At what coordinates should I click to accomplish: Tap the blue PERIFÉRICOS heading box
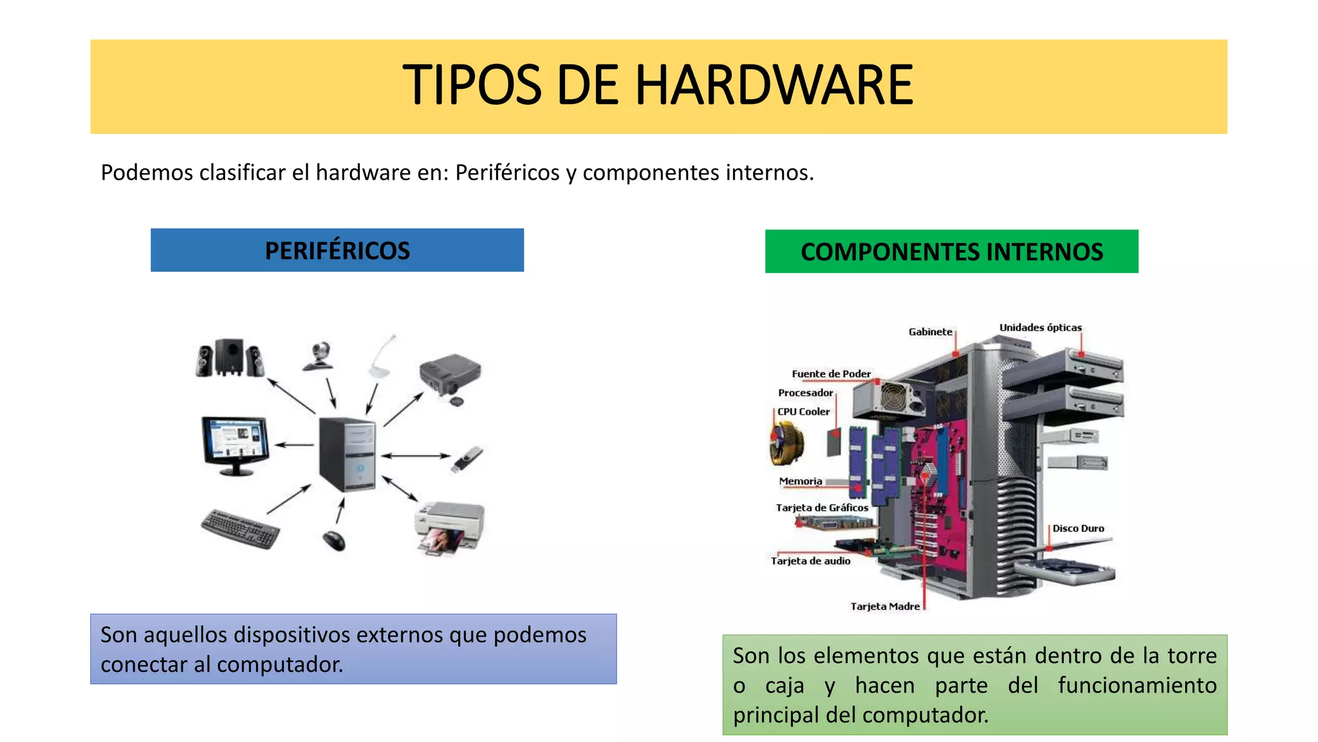click(337, 251)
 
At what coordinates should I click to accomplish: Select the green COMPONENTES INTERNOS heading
click(951, 252)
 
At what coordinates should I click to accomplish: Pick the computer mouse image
click(334, 540)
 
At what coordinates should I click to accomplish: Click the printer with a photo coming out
click(449, 528)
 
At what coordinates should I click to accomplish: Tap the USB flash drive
click(468, 459)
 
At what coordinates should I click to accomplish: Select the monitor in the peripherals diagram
click(236, 444)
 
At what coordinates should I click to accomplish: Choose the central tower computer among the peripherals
click(348, 454)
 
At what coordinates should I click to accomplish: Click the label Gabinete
click(930, 332)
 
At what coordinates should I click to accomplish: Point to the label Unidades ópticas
click(1040, 328)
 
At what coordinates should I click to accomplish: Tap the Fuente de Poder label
click(831, 374)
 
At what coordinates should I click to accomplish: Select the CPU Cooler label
click(803, 412)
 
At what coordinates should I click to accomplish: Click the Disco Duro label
click(1078, 529)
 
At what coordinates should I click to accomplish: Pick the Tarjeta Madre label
click(885, 607)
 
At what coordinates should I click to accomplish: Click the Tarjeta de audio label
click(810, 562)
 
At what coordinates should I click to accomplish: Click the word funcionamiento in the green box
click(1137, 685)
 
